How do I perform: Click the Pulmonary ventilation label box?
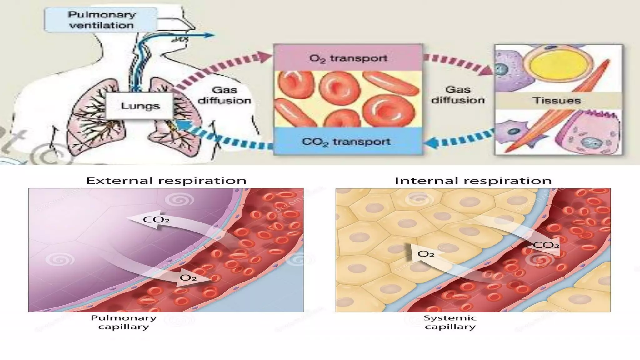(101, 20)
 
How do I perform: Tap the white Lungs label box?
(140, 106)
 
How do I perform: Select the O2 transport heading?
(348, 58)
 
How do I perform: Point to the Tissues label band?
(556, 100)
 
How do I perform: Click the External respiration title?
(166, 181)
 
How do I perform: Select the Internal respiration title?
(473, 181)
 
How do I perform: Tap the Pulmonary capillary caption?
(123, 322)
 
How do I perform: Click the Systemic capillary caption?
(450, 322)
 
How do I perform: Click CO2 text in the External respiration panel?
(156, 220)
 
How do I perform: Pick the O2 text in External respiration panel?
(188, 277)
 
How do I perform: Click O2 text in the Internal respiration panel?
(426, 254)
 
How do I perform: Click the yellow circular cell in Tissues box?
(552, 67)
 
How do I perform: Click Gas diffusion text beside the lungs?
(224, 95)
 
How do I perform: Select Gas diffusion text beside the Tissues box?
(458, 95)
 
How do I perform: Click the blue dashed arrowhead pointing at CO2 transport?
(430, 143)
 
